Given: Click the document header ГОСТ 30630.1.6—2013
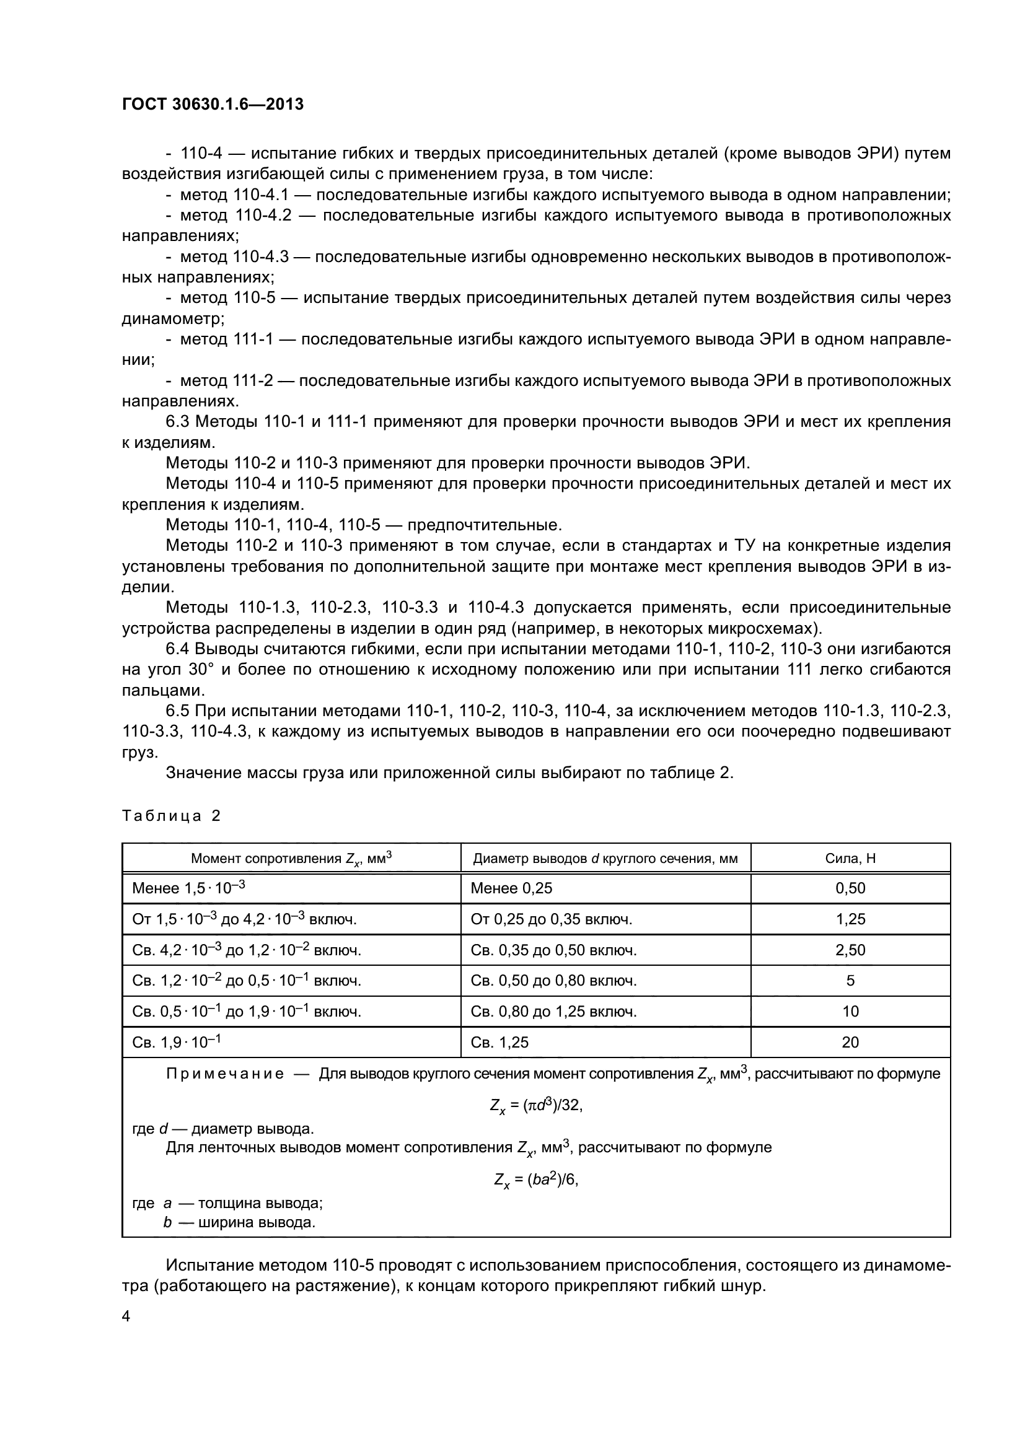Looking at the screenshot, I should point(213,104).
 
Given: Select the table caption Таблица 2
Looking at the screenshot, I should point(171,816).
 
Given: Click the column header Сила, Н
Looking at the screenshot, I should point(850,858).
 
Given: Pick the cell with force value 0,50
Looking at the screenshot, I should point(850,888).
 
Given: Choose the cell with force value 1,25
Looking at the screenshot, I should point(850,919).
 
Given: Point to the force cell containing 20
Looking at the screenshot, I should point(850,1043).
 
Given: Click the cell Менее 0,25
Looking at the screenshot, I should point(511,888).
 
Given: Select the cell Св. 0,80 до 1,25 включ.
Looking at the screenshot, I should point(553,1012).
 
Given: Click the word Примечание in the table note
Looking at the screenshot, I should point(225,1074).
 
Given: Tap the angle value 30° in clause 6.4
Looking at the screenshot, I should point(203,670).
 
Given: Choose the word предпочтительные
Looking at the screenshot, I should point(484,525).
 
